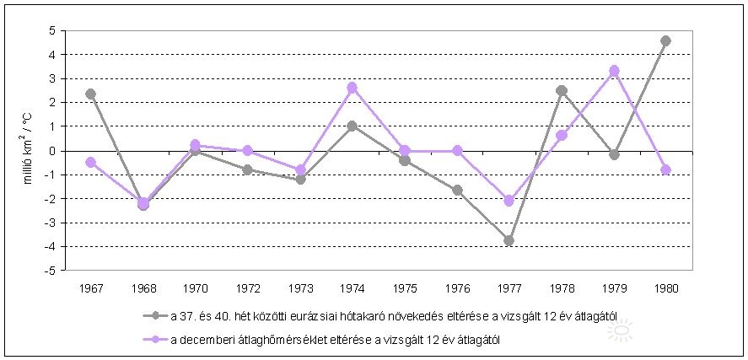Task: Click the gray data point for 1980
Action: pyautogui.click(x=666, y=40)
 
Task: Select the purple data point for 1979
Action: pyautogui.click(x=614, y=71)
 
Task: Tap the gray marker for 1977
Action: pyautogui.click(x=509, y=240)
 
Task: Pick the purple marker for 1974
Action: pyautogui.click(x=352, y=88)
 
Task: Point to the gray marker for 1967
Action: pyautogui.click(x=90, y=94)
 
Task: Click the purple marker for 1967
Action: pyautogui.click(x=90, y=162)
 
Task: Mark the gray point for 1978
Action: pyautogui.click(x=562, y=90)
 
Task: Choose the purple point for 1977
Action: pyautogui.click(x=509, y=201)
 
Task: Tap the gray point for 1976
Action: pyautogui.click(x=457, y=191)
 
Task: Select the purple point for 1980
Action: pyautogui.click(x=666, y=169)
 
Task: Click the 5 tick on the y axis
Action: pyautogui.click(x=51, y=30)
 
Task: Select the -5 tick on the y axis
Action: pyautogui.click(x=50, y=271)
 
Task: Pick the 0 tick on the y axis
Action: pyautogui.click(x=51, y=151)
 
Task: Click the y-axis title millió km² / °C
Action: pyautogui.click(x=28, y=149)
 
